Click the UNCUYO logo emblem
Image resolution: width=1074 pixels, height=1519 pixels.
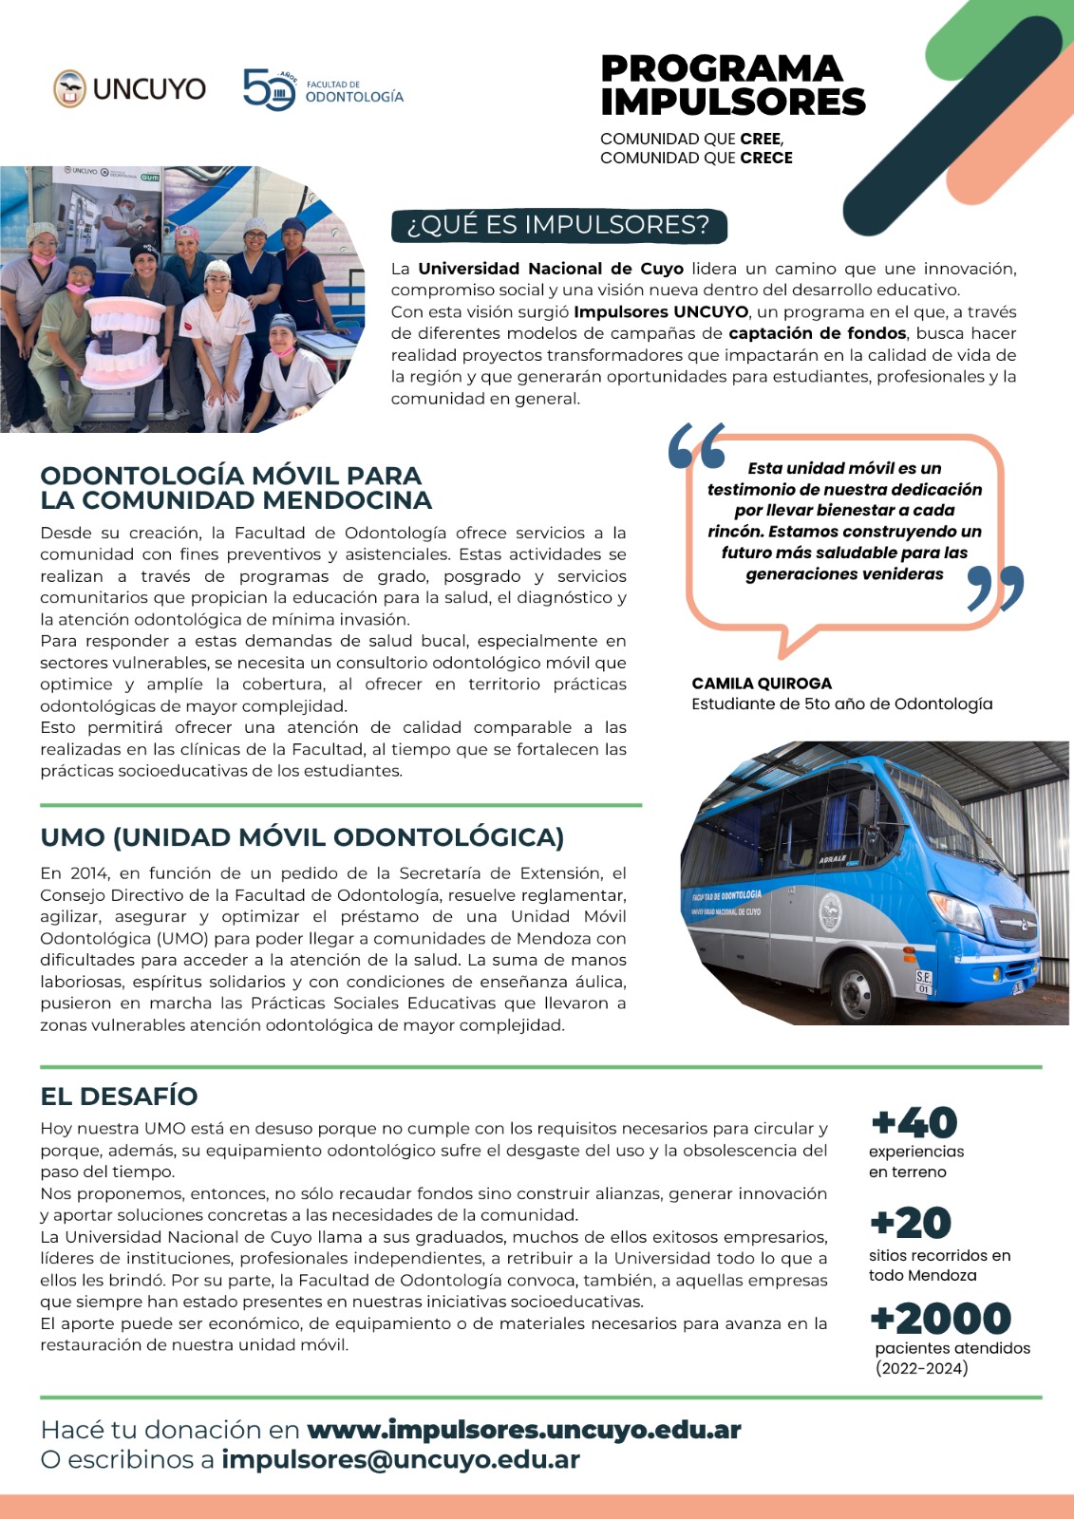pos(69,88)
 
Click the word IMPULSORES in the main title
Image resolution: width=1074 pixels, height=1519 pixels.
pos(733,102)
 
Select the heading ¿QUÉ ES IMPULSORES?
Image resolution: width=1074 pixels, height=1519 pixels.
pos(558,225)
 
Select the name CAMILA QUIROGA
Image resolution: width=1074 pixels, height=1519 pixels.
pos(762,684)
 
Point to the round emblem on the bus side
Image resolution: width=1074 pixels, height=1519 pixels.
pos(829,911)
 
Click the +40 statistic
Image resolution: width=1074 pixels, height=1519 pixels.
pos(914,1123)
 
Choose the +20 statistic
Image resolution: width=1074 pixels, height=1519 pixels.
pos(911,1223)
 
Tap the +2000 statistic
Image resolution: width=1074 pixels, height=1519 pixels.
pos(940,1319)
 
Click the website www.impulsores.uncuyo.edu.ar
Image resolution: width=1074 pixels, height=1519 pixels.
pos(524,1430)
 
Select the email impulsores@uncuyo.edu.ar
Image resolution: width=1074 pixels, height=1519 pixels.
pos(400,1460)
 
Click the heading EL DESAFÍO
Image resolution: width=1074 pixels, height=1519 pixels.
pos(119,1097)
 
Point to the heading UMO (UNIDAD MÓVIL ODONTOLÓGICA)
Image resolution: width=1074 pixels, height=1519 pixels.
pos(302,837)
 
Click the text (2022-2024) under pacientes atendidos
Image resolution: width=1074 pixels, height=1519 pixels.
pos(921,1368)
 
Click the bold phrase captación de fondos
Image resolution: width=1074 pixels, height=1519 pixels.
pos(817,333)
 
